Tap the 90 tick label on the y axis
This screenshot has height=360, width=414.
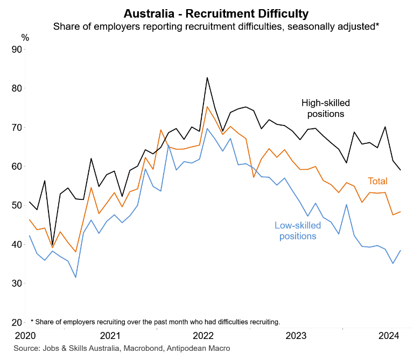16,50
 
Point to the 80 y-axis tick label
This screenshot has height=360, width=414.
16,88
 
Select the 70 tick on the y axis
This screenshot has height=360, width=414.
16,128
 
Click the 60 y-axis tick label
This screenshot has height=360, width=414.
16,167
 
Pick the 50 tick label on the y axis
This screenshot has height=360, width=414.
16,205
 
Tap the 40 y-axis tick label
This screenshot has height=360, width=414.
16,245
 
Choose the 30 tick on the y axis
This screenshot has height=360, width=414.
16,283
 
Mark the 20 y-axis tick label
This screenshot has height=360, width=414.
16,322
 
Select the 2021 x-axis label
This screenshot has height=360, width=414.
109,336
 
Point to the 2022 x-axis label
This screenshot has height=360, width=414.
203,336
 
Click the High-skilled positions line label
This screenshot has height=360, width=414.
326,108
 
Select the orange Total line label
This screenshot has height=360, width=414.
379,181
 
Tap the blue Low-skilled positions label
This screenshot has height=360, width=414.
297,230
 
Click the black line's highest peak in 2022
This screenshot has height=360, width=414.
207,78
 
